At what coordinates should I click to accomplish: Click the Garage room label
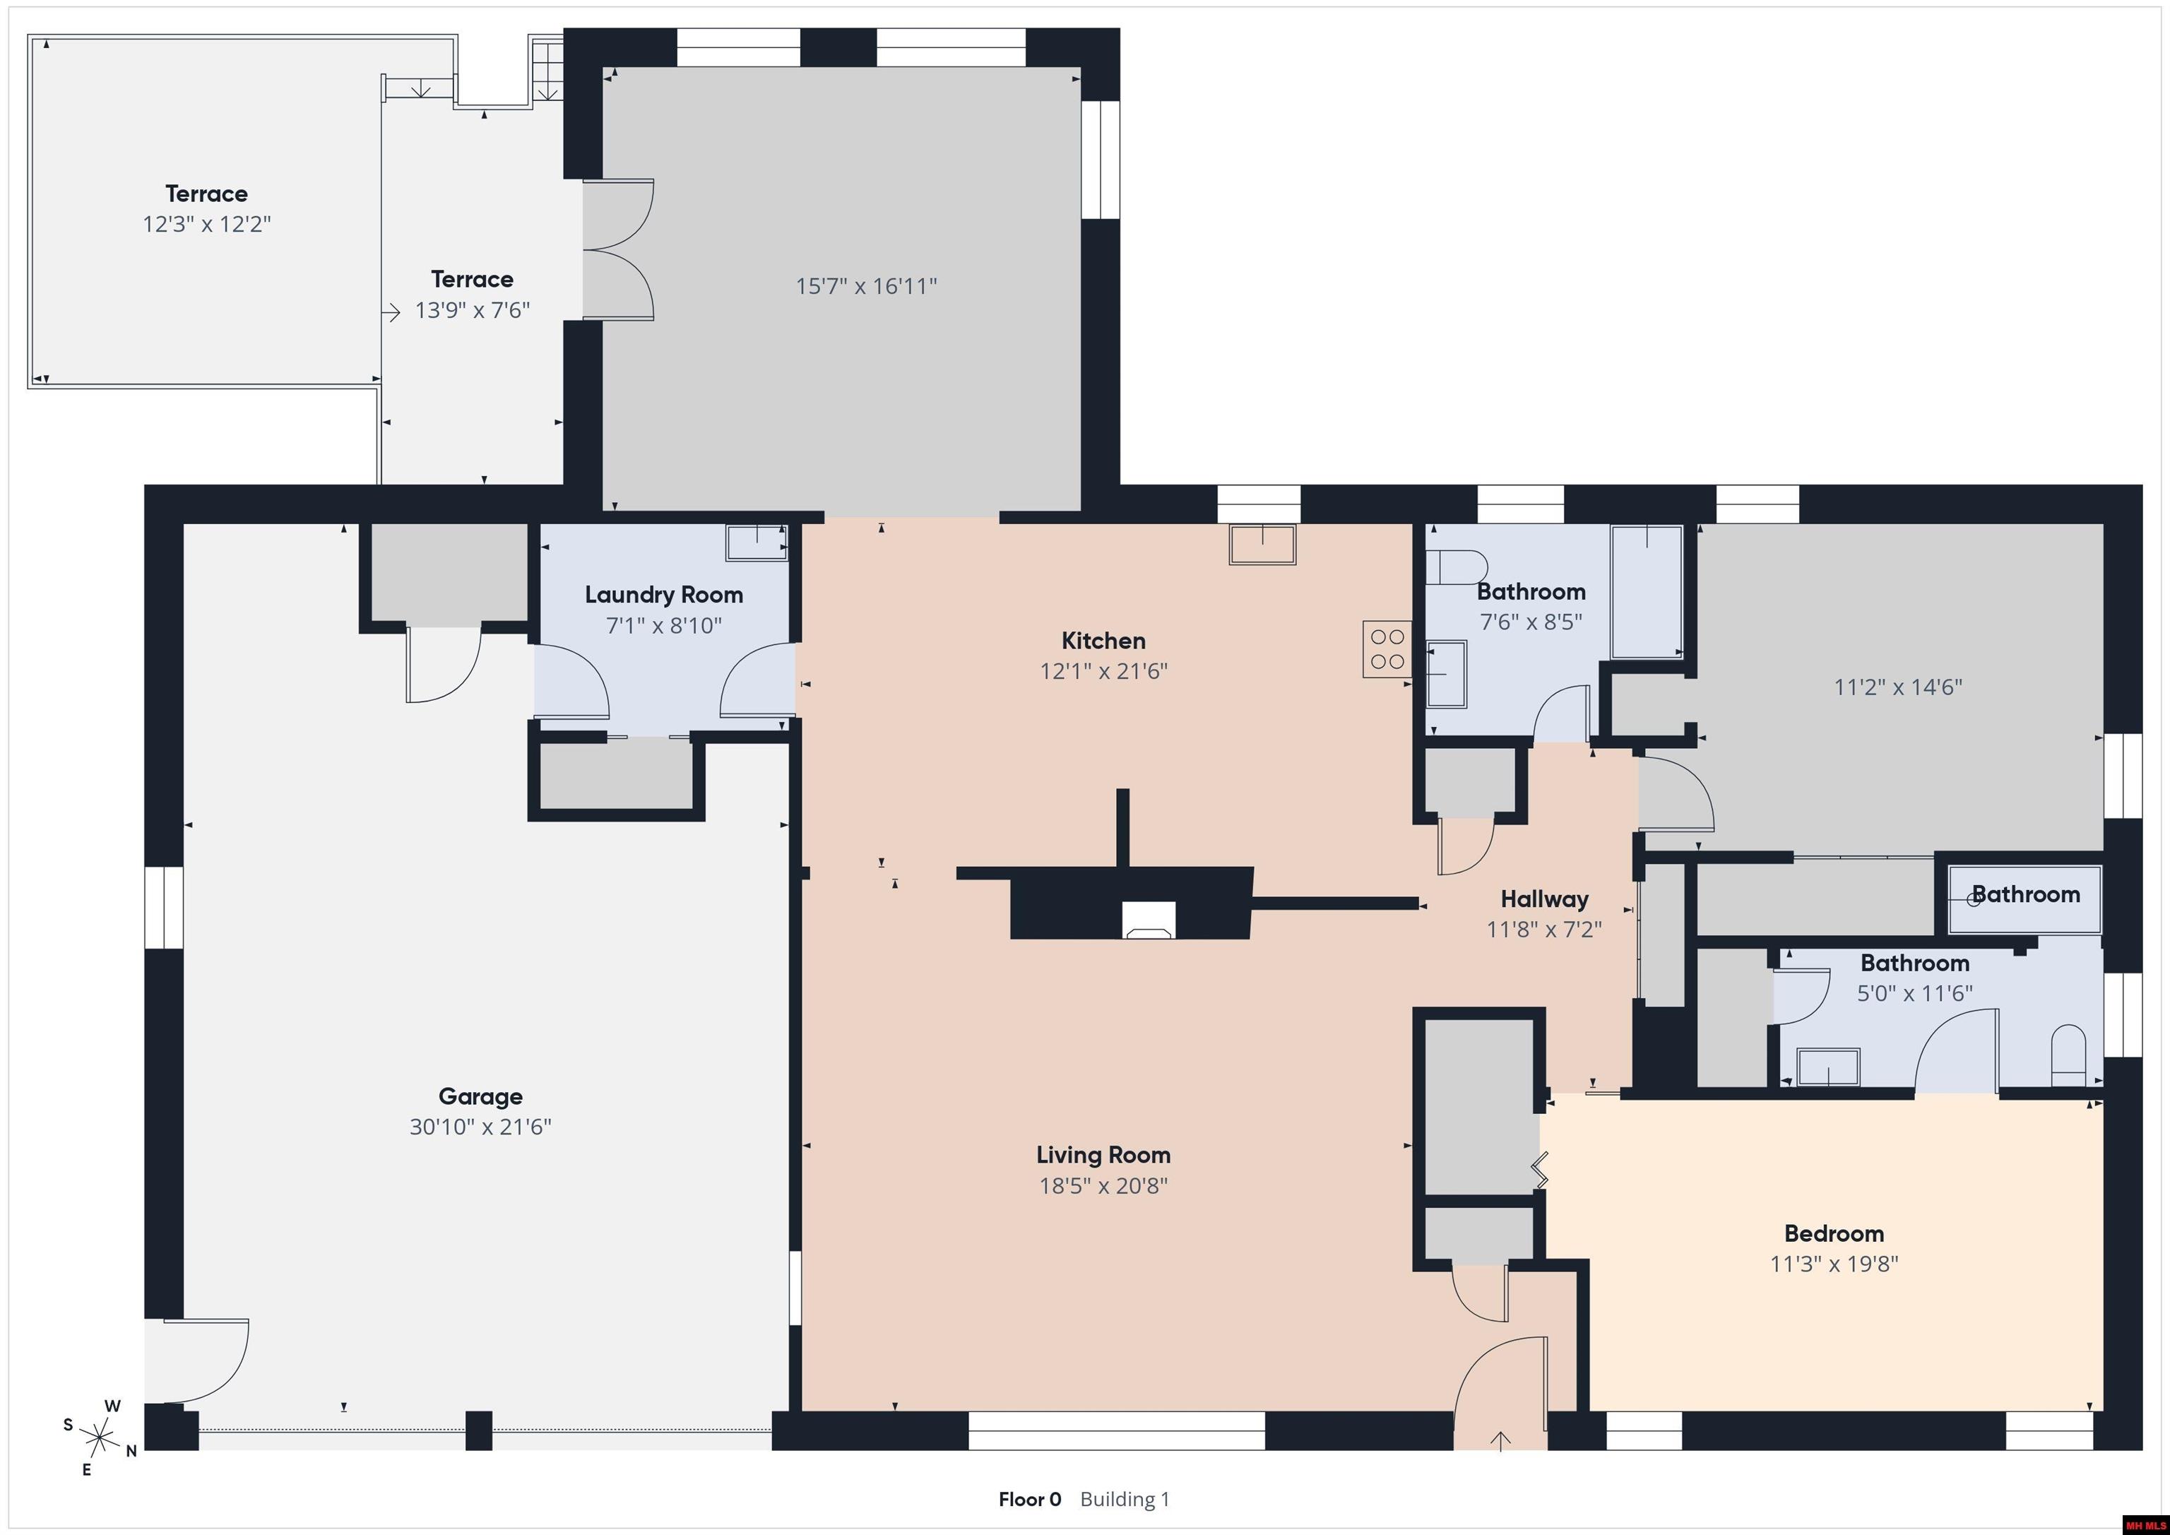click(x=480, y=1096)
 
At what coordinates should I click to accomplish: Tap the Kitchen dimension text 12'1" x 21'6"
click(x=1104, y=671)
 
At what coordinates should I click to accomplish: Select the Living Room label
click(x=1103, y=1155)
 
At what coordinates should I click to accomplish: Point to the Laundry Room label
click(x=663, y=595)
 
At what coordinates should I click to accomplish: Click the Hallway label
click(x=1544, y=899)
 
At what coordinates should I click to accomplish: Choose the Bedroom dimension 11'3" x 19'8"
click(x=1834, y=1264)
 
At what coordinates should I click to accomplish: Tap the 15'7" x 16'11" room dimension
click(x=867, y=285)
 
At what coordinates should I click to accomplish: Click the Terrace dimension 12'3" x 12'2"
click(x=207, y=224)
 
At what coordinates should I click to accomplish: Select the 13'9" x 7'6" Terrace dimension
click(x=473, y=310)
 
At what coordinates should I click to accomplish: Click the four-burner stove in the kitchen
click(x=1387, y=648)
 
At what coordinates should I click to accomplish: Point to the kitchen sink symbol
click(x=1262, y=545)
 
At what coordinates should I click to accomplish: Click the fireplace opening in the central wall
click(x=1149, y=920)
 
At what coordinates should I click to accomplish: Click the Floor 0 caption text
click(x=1029, y=1499)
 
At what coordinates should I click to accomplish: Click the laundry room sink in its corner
click(x=756, y=543)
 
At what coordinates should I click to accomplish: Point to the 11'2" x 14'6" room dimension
click(x=1898, y=687)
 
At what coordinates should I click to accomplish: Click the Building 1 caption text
click(x=1125, y=1499)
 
